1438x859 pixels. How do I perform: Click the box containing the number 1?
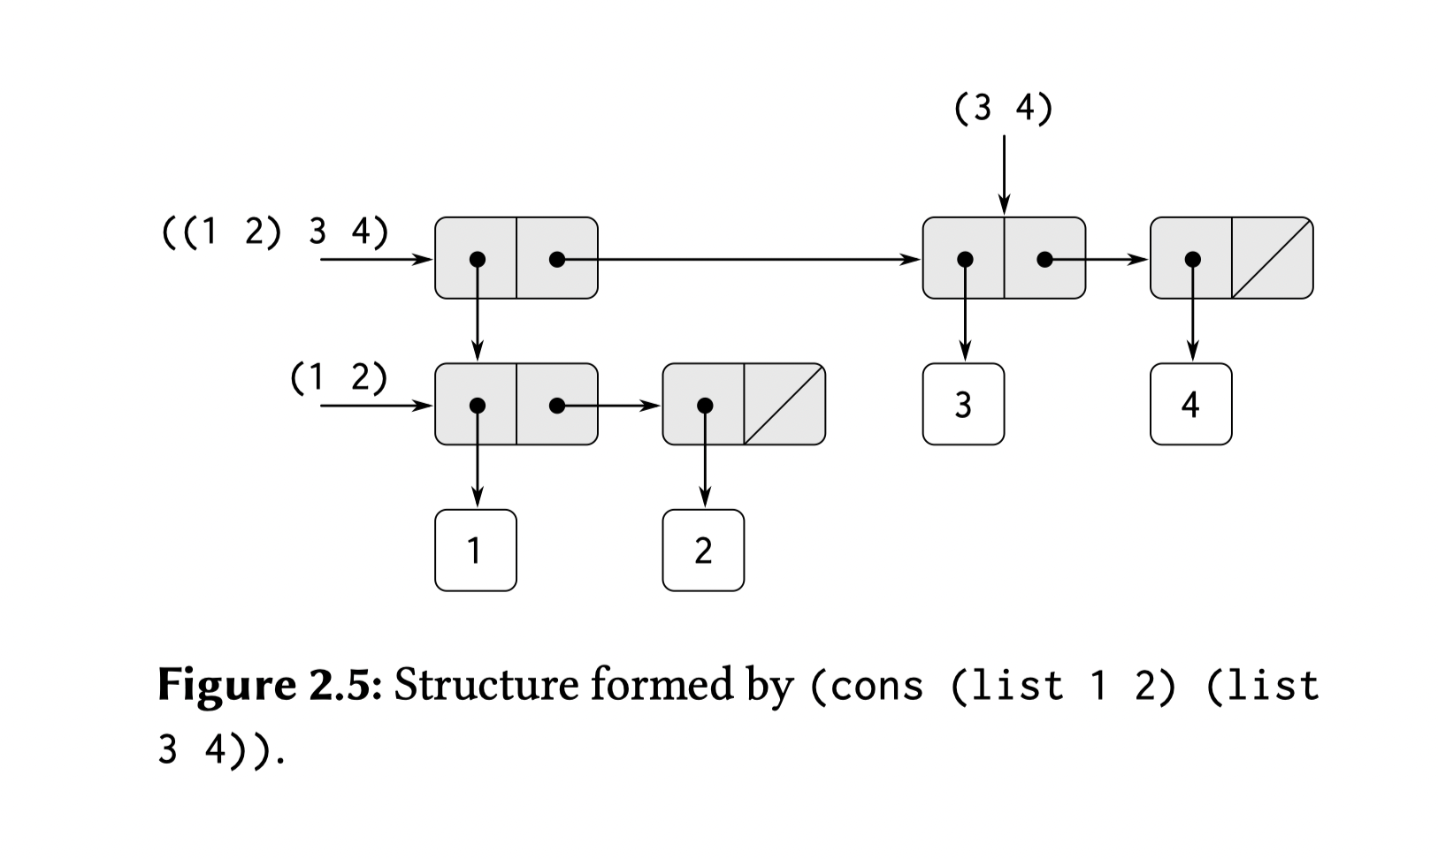(476, 550)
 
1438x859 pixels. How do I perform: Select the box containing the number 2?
(703, 550)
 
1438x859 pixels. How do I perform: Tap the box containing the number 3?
(963, 404)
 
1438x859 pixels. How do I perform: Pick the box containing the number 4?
(1190, 404)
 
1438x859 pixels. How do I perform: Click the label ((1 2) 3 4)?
(275, 232)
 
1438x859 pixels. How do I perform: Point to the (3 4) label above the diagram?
(1003, 109)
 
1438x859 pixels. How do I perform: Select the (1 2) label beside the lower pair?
(339, 377)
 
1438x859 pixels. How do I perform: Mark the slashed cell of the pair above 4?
(1272, 258)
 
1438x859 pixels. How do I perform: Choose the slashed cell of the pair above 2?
(784, 405)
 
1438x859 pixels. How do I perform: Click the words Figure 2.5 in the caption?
(269, 686)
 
